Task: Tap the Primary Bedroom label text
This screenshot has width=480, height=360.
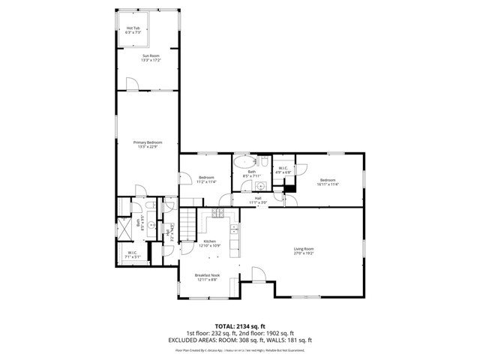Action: pyautogui.click(x=148, y=145)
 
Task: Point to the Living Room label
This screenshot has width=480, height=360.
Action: pyautogui.click(x=303, y=250)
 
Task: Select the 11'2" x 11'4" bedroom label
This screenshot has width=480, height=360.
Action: pyautogui.click(x=206, y=179)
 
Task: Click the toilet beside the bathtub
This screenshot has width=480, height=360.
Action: pyautogui.click(x=265, y=162)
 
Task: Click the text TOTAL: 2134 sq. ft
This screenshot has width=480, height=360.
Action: pyautogui.click(x=240, y=326)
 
